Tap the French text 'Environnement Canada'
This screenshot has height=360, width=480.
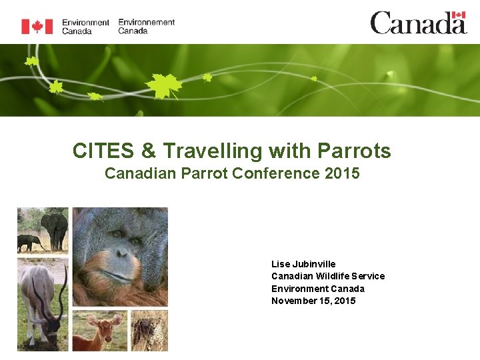(x=146, y=26)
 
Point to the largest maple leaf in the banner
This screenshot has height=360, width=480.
(x=163, y=85)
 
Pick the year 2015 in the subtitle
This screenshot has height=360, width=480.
(x=342, y=174)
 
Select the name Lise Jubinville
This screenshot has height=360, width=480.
(x=303, y=264)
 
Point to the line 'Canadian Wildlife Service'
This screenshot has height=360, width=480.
(x=328, y=276)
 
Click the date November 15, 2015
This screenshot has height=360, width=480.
(x=313, y=301)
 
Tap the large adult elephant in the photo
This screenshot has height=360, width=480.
(x=55, y=228)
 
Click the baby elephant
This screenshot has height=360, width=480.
(x=29, y=242)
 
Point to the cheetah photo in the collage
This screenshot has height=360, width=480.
(x=149, y=331)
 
